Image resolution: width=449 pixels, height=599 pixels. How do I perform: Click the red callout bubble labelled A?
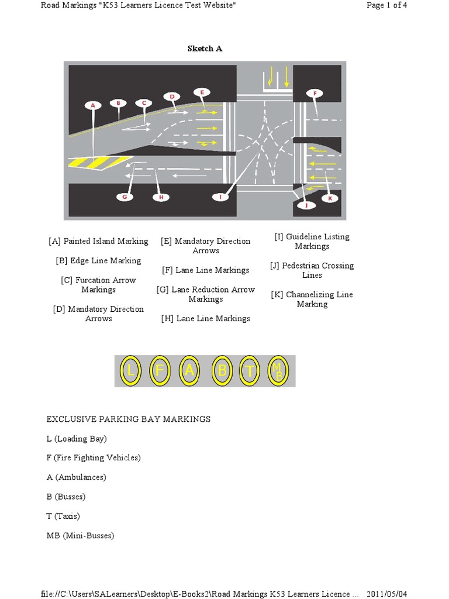pos(92,105)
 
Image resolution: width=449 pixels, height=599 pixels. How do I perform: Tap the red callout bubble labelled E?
pos(202,92)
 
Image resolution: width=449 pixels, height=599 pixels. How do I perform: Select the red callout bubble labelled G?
pos(125,197)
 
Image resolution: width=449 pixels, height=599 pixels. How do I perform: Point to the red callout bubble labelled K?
pos(329,198)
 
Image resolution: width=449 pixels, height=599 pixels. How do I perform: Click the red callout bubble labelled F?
pos(315,93)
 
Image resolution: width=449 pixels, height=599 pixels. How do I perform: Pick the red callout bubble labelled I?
pos(220,197)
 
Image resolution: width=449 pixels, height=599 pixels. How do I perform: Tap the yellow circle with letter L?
pos(131,371)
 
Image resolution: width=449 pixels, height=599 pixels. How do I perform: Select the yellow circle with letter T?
pos(250,371)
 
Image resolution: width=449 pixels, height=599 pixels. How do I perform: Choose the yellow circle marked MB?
pos(278,371)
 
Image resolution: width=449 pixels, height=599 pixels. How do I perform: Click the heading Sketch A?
pos(205,49)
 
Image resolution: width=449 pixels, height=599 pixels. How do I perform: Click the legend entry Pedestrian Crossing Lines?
pos(312,270)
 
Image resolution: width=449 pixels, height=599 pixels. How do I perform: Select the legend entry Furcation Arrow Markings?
pos(98,285)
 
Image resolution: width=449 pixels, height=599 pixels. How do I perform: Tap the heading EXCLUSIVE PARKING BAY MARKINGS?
pos(129,419)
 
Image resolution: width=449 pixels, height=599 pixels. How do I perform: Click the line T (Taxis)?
pos(63,517)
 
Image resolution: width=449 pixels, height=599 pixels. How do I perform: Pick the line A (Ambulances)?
pos(77,477)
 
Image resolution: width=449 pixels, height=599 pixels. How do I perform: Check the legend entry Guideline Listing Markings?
pos(312,242)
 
